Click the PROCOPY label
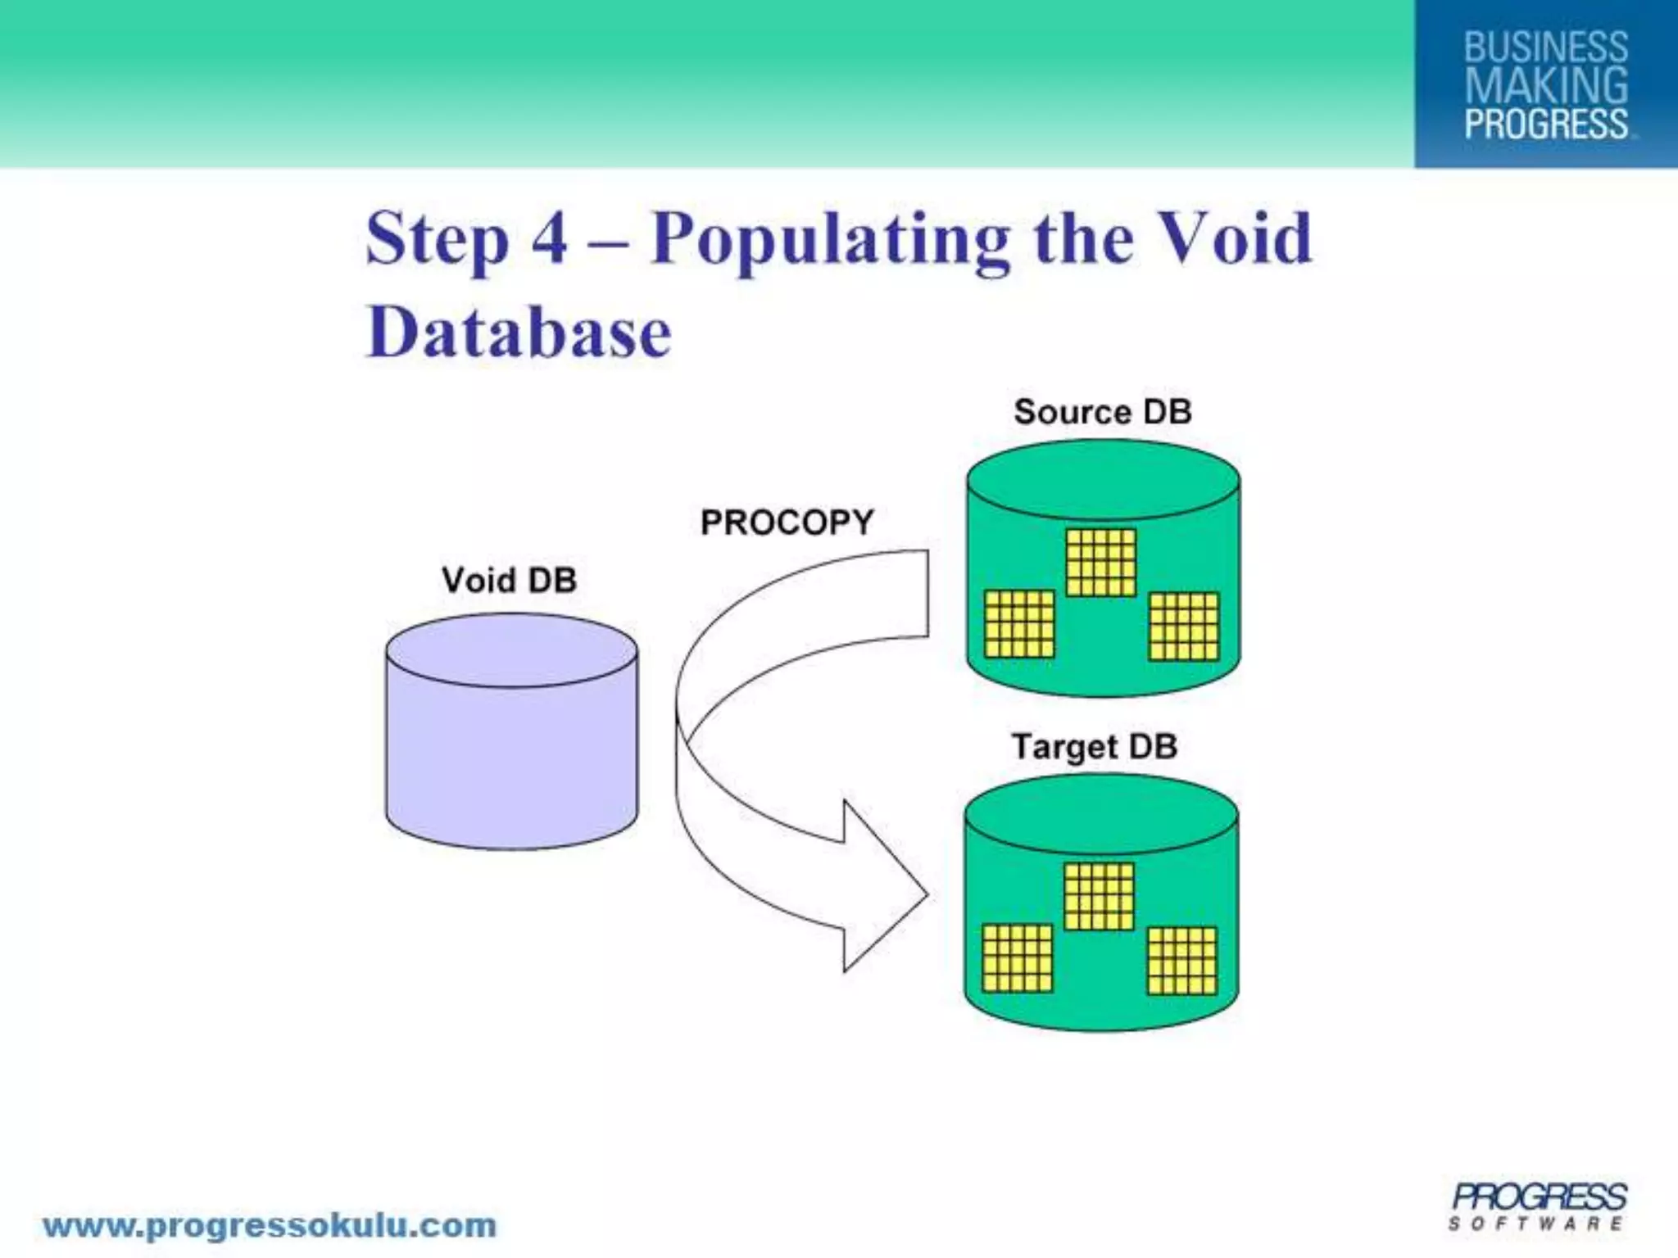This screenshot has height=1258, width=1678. tap(787, 523)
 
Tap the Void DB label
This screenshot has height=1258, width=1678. tap(509, 580)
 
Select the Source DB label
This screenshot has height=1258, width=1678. tap(1102, 411)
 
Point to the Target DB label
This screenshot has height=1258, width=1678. tap(1094, 746)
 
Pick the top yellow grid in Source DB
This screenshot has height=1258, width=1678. tap(1101, 562)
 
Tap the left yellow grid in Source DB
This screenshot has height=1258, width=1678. tap(1018, 624)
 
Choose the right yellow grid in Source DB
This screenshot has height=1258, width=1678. tap(1184, 627)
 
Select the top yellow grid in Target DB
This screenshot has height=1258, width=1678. tap(1099, 897)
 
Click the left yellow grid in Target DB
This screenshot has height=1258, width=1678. tap(1017, 958)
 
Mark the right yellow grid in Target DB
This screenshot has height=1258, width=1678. tap(1182, 961)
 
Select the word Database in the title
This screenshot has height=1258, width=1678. tap(519, 333)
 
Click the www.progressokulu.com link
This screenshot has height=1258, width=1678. tap(270, 1226)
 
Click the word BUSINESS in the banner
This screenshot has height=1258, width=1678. tap(1545, 48)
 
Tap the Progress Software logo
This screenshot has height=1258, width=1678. tap(1538, 1206)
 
